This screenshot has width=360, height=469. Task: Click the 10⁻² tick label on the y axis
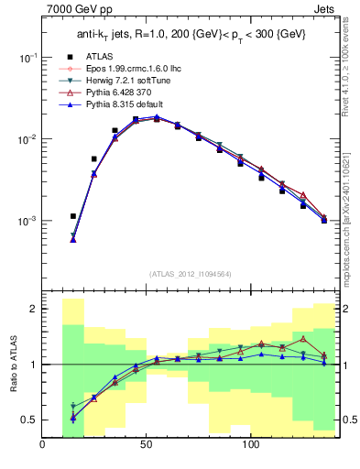pos(28,139)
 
